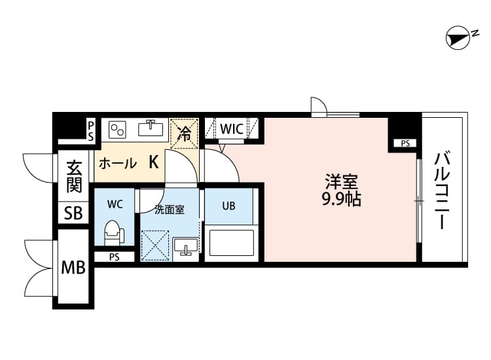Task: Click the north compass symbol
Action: point(458,39)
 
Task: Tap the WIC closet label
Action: point(232,129)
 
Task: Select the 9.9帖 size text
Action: point(341,200)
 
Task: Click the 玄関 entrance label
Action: point(74,177)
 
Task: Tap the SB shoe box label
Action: point(73,213)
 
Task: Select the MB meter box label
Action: point(73,268)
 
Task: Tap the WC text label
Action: point(115,204)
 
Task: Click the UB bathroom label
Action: point(228,206)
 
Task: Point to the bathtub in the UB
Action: point(230,242)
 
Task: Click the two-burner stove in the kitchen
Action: point(117,128)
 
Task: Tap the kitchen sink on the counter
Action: point(151,127)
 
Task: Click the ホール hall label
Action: point(117,164)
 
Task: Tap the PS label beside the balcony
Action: point(405,143)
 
